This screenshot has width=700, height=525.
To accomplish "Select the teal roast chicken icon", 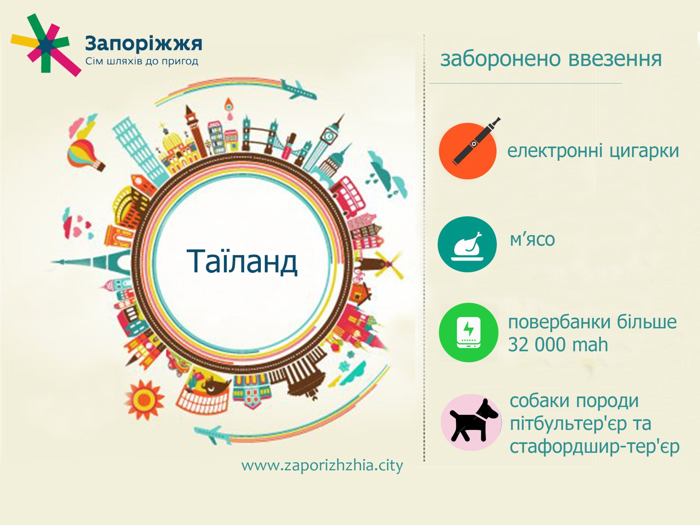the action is (x=467, y=244).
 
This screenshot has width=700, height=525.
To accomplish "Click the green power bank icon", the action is (x=469, y=332).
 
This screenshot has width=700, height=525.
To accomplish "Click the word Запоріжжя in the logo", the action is (x=143, y=44).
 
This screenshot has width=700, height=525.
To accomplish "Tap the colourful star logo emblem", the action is (x=45, y=45).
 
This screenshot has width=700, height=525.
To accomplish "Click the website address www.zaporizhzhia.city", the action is (x=322, y=466).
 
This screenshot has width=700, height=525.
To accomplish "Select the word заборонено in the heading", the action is (x=501, y=59).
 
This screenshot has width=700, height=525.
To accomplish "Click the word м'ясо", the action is (x=532, y=240).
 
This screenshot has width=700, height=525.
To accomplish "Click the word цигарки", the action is (x=644, y=152).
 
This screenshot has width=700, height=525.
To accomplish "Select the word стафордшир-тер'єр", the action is (x=595, y=447).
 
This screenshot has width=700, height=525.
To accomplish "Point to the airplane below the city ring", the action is (x=212, y=435).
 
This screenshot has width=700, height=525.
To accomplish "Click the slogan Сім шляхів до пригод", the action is (x=142, y=62).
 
